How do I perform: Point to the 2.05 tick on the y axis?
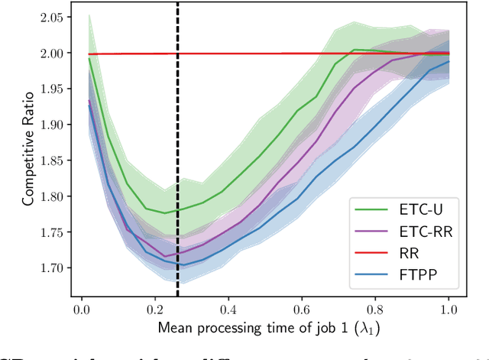coord(51,18)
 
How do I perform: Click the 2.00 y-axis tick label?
coord(51,54)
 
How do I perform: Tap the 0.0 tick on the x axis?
coord(83,311)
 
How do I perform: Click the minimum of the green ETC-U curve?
coord(164,213)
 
